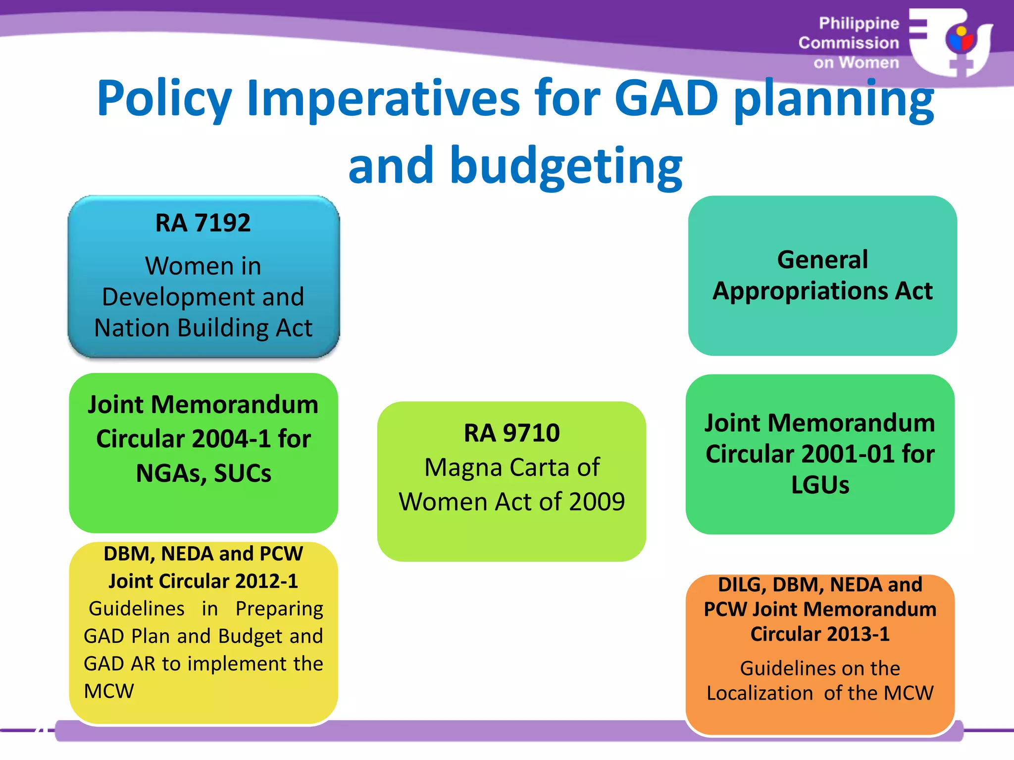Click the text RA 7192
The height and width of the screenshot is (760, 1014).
click(x=203, y=223)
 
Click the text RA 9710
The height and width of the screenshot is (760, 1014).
click(x=511, y=433)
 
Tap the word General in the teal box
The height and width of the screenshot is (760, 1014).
click(x=822, y=260)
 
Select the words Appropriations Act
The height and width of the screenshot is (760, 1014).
click(x=822, y=291)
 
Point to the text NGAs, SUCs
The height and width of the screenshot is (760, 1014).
click(x=203, y=474)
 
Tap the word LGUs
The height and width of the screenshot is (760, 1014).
click(x=820, y=485)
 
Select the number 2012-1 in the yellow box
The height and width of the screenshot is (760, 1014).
click(x=267, y=581)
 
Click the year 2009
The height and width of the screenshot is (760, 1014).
click(x=597, y=502)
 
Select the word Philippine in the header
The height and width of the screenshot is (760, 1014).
click(x=859, y=23)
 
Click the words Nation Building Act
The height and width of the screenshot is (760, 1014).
click(x=203, y=328)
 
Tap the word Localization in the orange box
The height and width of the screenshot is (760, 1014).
click(x=759, y=694)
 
